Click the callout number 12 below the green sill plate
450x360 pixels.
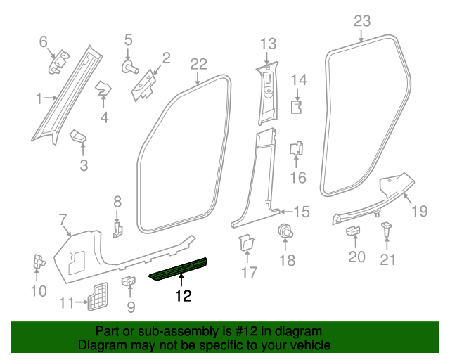point(183,296)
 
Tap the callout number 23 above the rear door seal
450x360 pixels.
point(361,21)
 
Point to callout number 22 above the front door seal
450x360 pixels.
point(198,65)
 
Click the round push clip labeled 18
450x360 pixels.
point(285,231)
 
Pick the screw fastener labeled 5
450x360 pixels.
point(129,67)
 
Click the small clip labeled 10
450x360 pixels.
point(38,262)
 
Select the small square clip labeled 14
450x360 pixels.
point(297,106)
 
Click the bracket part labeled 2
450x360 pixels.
point(145,84)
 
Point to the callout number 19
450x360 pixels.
point(419,210)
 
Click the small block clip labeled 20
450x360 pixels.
point(354,230)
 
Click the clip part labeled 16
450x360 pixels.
point(297,149)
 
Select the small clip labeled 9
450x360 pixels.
point(129,282)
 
